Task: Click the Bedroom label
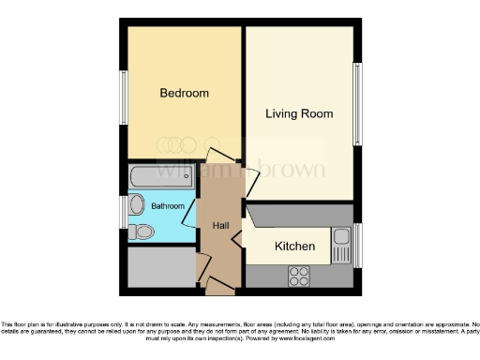coord(184,94)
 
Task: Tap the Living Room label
coord(299,114)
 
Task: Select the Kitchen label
coord(294,247)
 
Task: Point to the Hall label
coord(220,225)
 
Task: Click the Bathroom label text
coord(168,205)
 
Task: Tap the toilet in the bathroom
coord(143,230)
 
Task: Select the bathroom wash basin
coord(137,204)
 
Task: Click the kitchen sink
coord(341,241)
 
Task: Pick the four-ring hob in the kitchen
coord(299,276)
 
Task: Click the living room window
coord(357,103)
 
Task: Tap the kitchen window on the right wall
coord(357,246)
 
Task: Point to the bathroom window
coord(123,212)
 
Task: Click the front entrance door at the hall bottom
coord(219,284)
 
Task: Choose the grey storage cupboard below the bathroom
coord(160,268)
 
